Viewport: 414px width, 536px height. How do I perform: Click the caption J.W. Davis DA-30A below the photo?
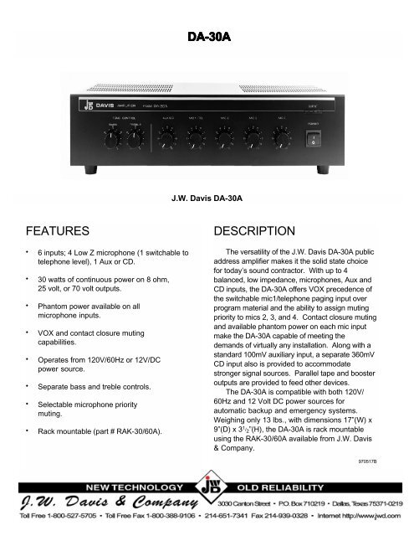click(x=207, y=198)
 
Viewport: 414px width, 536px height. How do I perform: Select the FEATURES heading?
click(x=56, y=230)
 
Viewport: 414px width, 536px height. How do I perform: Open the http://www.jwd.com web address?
click(x=372, y=518)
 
